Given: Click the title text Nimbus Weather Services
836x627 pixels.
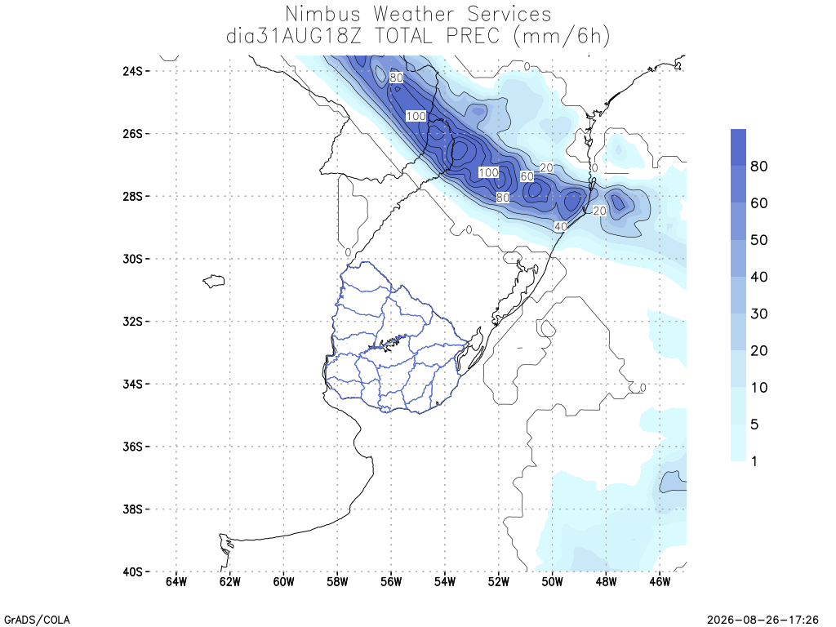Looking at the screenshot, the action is pyautogui.click(x=418, y=13).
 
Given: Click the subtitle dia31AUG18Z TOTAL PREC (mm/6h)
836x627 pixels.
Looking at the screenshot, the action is pyautogui.click(x=418, y=36).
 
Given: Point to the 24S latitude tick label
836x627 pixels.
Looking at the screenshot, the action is pyautogui.click(x=133, y=71).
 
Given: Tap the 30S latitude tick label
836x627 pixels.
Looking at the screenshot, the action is pyautogui.click(x=133, y=259).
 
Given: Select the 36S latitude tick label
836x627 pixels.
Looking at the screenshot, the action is pyautogui.click(x=133, y=447).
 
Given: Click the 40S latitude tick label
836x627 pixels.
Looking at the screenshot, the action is pyautogui.click(x=133, y=571).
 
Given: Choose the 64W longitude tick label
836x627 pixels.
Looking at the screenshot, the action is pyautogui.click(x=176, y=581).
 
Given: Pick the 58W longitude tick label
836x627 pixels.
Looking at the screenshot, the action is pyautogui.click(x=337, y=581).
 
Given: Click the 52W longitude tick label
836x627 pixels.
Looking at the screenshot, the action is pyautogui.click(x=499, y=581).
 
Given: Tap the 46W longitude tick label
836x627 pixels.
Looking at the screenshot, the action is pyautogui.click(x=660, y=581).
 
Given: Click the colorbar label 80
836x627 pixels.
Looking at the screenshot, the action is pyautogui.click(x=758, y=167).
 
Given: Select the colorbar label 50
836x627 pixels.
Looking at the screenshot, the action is pyautogui.click(x=758, y=240).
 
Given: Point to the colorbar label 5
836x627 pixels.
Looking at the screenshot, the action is pyautogui.click(x=754, y=425).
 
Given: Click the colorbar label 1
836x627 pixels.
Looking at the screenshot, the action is pyautogui.click(x=754, y=461).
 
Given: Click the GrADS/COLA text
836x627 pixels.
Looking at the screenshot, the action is pyautogui.click(x=37, y=620).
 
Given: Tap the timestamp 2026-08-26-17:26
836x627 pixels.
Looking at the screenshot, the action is pyautogui.click(x=763, y=620).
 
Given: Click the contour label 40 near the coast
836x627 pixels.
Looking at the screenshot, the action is pyautogui.click(x=560, y=227).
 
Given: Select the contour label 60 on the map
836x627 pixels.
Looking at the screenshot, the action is pyautogui.click(x=527, y=176).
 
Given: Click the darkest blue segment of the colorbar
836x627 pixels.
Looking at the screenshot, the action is pyautogui.click(x=738, y=147).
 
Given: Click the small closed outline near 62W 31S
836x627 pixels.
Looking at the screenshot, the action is pyautogui.click(x=214, y=281).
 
